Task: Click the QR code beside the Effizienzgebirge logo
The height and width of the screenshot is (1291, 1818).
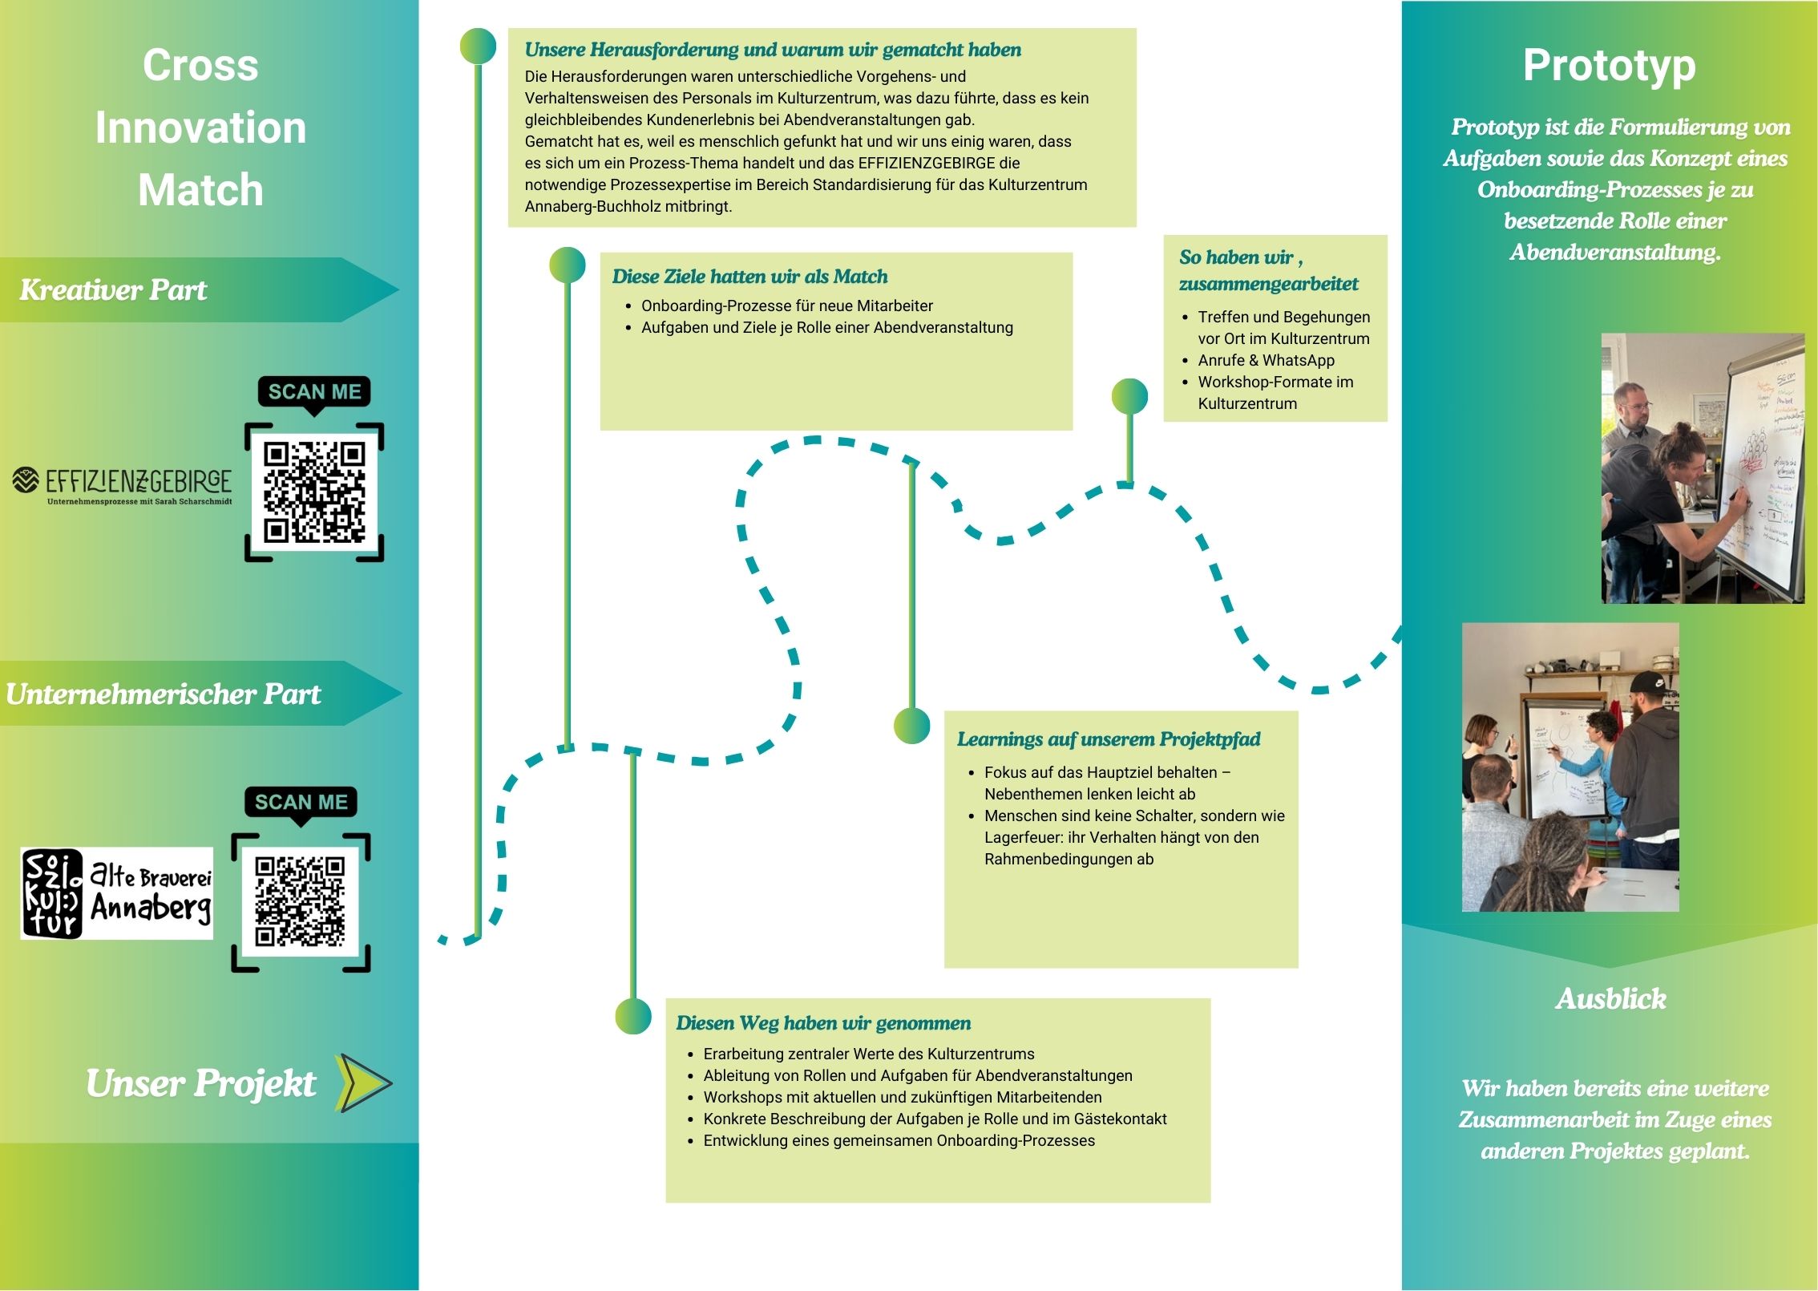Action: coord(314,491)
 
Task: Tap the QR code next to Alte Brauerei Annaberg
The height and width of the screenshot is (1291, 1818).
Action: coord(300,901)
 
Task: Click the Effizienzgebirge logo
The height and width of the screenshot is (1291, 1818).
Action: coord(122,484)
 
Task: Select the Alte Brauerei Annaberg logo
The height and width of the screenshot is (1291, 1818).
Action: coord(117,892)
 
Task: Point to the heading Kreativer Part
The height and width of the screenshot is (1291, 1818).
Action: coord(113,289)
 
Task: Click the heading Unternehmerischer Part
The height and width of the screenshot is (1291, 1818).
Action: coord(163,694)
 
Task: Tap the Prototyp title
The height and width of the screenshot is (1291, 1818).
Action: coord(1609,66)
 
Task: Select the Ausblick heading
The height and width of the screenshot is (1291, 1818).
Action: coord(1610,998)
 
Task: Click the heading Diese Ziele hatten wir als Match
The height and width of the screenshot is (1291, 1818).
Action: coord(749,277)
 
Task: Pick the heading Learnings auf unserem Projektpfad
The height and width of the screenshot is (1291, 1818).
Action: coord(1108,739)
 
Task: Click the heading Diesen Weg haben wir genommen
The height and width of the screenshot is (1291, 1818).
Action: coord(822,1022)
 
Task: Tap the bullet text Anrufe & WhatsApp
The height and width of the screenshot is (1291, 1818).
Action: coord(1266,360)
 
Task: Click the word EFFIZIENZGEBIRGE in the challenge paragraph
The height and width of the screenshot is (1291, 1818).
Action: coord(927,163)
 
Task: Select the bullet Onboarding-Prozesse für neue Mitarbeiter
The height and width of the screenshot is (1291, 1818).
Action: coord(786,306)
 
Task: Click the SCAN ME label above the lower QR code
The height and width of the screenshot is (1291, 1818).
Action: coord(301,802)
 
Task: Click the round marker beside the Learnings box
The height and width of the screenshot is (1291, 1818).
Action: coord(911,726)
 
